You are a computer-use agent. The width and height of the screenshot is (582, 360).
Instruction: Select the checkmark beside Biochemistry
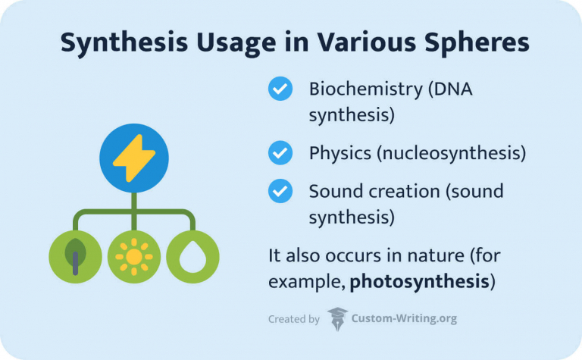(x=280, y=89)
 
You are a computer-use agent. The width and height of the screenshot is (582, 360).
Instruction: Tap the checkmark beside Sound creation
(x=280, y=190)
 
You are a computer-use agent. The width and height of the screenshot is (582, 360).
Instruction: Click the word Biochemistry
(x=366, y=89)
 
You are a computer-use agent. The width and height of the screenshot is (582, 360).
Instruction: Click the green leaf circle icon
(x=75, y=256)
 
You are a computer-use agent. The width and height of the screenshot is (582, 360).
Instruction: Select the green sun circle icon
(x=134, y=256)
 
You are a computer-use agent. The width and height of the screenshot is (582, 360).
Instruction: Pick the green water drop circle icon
(x=192, y=256)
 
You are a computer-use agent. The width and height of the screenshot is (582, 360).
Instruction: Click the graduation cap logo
(x=338, y=319)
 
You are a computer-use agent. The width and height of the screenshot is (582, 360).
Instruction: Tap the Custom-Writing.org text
(x=404, y=319)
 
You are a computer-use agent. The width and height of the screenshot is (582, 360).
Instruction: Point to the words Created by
(x=293, y=320)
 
